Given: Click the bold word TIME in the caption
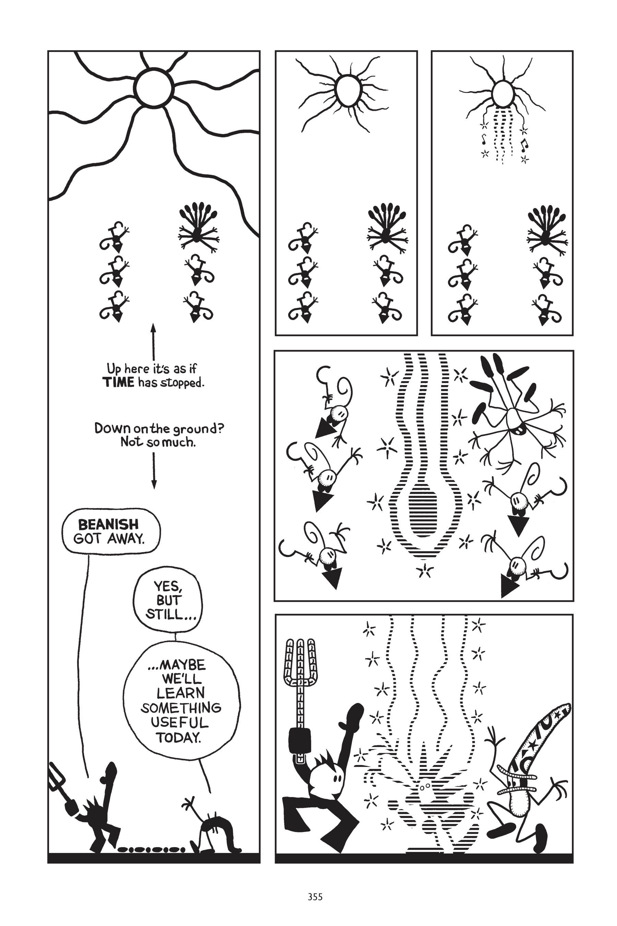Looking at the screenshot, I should (118, 382).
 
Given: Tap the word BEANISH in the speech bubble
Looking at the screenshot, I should (108, 525).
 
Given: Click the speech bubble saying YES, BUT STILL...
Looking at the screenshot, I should (168, 600).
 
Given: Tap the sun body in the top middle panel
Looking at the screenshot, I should (347, 91).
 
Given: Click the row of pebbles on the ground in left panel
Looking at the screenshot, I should (152, 849).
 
